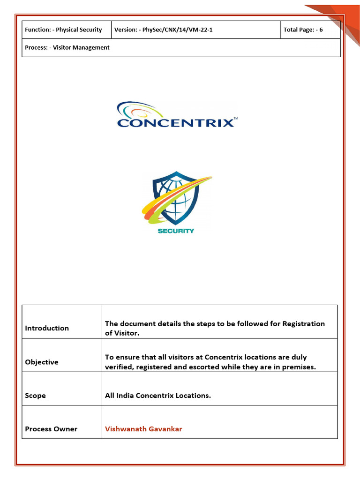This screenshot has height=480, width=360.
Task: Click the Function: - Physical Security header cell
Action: pyautogui.click(x=63, y=30)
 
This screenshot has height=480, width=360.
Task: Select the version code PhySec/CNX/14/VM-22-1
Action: pyautogui.click(x=178, y=30)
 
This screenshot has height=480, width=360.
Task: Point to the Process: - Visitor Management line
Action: pyautogui.click(x=67, y=47)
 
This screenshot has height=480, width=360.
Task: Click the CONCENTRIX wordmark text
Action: pyautogui.click(x=175, y=123)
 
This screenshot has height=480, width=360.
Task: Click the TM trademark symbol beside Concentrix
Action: pyautogui.click(x=235, y=119)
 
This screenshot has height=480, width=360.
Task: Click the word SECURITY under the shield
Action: pyautogui.click(x=176, y=231)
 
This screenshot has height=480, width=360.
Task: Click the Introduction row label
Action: pyautogui.click(x=47, y=328)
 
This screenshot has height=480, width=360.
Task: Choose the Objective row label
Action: pyautogui.click(x=42, y=362)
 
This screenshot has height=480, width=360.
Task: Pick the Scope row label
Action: pyautogui.click(x=36, y=396)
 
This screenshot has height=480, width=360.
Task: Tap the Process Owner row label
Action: pyautogui.click(x=51, y=429)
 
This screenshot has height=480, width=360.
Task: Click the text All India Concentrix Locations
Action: pyautogui.click(x=158, y=396)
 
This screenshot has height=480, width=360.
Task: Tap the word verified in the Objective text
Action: pyautogui.click(x=118, y=367)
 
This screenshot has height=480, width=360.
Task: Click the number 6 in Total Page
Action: pyautogui.click(x=321, y=30)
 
